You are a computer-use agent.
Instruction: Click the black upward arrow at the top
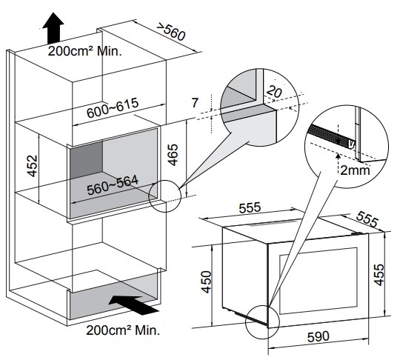[53, 28]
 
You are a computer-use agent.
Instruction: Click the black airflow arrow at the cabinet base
[133, 304]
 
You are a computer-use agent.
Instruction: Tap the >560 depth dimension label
[170, 32]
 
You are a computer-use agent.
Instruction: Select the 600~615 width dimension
[113, 107]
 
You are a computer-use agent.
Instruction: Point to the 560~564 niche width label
[113, 184]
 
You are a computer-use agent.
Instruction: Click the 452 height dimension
[33, 166]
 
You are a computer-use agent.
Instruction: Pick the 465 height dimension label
[173, 155]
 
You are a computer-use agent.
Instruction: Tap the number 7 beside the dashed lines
[195, 103]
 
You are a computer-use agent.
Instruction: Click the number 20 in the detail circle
[274, 92]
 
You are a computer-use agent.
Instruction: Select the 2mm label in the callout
[355, 170]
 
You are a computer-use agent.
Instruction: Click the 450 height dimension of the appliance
[207, 282]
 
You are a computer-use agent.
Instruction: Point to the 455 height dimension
[379, 275]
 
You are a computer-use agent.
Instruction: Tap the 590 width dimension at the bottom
[319, 336]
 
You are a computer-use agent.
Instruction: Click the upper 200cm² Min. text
[84, 51]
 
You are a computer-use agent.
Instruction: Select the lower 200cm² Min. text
[123, 330]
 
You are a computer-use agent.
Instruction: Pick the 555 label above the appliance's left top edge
[250, 207]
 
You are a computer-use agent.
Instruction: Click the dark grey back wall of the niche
[87, 160]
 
